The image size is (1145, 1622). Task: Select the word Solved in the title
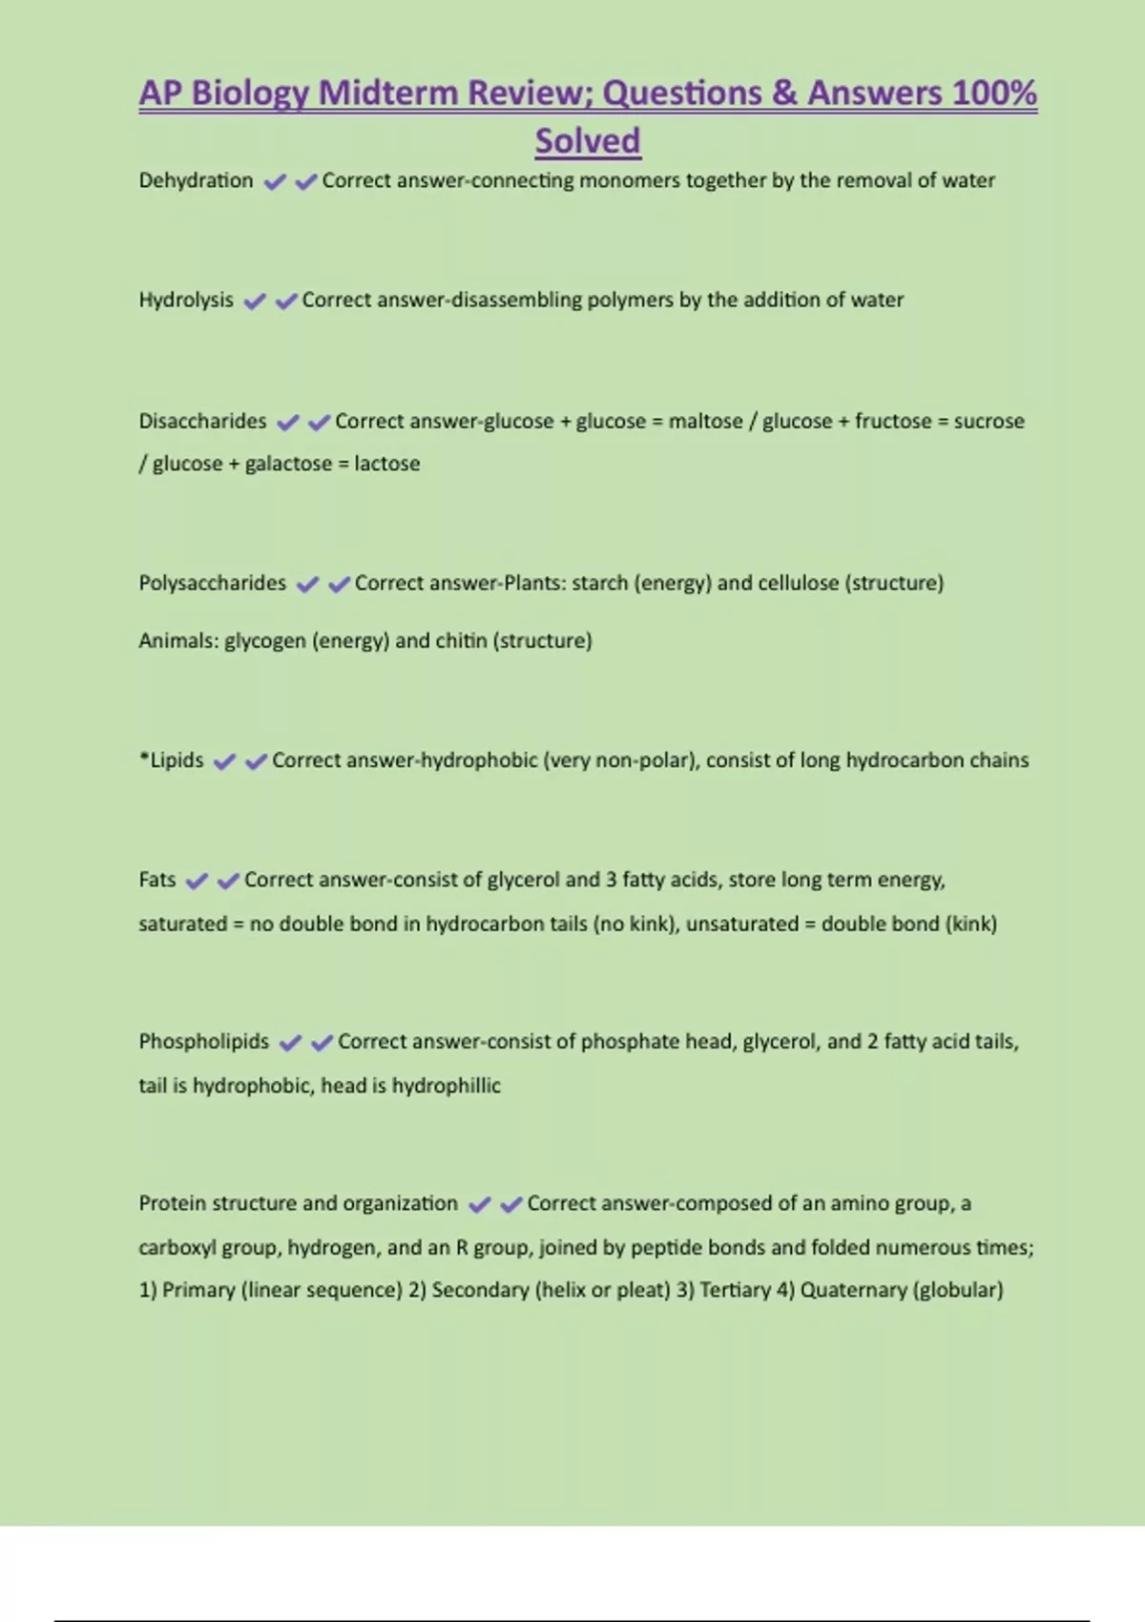(x=587, y=141)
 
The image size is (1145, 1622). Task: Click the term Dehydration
(x=196, y=180)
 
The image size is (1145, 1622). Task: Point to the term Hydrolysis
(x=186, y=300)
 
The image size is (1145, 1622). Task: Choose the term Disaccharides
(x=202, y=421)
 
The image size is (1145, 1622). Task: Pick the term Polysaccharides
(x=212, y=583)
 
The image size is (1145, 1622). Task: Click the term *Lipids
(x=172, y=760)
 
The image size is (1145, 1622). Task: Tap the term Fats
(x=157, y=880)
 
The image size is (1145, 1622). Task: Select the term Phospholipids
(x=203, y=1041)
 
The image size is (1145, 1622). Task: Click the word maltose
(x=705, y=421)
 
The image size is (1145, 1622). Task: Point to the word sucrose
(x=989, y=421)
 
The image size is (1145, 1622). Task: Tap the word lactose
(x=386, y=464)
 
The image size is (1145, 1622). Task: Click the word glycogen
(x=264, y=641)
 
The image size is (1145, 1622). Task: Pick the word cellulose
(x=798, y=583)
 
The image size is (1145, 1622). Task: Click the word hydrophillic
(x=446, y=1086)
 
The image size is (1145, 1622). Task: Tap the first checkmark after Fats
(x=197, y=881)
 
